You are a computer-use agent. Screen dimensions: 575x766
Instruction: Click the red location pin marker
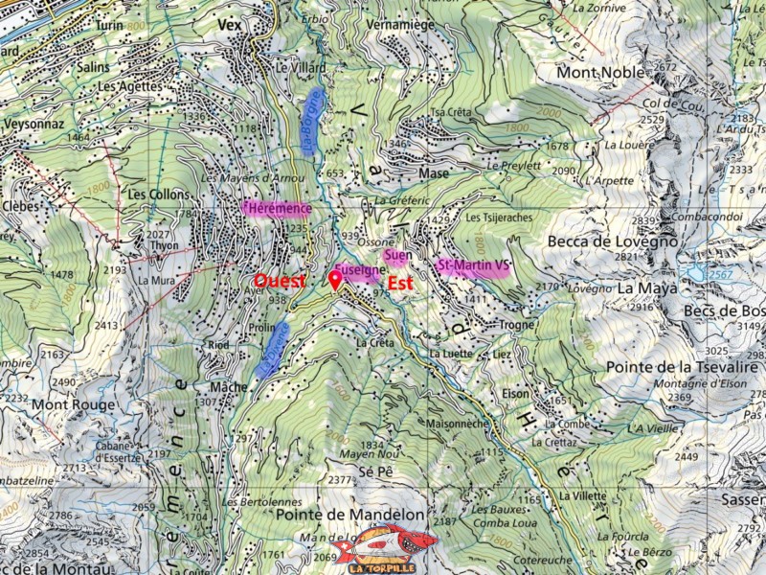pyautogui.click(x=335, y=280)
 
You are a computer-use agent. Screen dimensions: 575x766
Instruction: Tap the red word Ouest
pyautogui.click(x=280, y=281)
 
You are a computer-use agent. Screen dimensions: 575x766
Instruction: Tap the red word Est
pyautogui.click(x=400, y=283)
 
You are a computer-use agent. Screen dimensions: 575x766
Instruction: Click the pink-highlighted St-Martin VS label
pyautogui.click(x=473, y=265)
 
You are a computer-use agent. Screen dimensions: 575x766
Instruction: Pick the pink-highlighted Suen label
pyautogui.click(x=396, y=257)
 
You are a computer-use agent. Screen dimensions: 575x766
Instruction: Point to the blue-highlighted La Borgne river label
pyautogui.click(x=310, y=120)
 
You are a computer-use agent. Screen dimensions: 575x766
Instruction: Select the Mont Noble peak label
pyautogui.click(x=604, y=72)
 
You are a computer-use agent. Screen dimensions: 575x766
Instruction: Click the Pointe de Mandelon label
pyautogui.click(x=348, y=515)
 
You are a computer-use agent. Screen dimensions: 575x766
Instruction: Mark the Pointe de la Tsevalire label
pyautogui.click(x=681, y=367)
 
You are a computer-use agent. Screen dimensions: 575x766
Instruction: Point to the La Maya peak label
pyautogui.click(x=647, y=287)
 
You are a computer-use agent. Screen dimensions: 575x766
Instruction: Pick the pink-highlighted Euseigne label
pyautogui.click(x=360, y=271)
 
